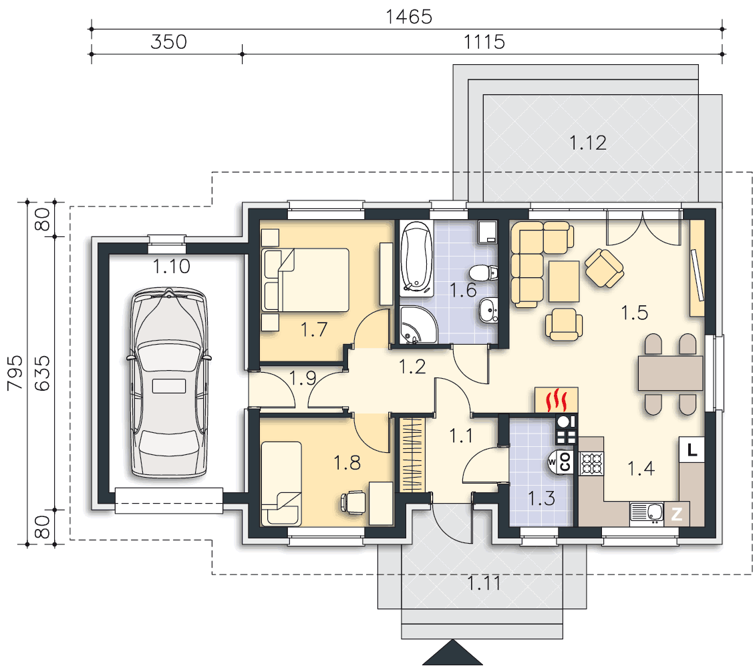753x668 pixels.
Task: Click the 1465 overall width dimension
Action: click(409, 17)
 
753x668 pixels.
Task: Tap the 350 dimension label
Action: click(168, 42)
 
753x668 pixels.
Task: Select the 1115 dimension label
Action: click(484, 42)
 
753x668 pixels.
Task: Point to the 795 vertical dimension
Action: click(15, 373)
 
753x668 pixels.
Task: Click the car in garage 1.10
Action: click(169, 383)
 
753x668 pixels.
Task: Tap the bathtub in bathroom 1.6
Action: click(416, 258)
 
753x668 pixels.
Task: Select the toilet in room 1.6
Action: click(483, 273)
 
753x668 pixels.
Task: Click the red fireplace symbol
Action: click(557, 399)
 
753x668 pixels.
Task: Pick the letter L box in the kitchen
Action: click(692, 450)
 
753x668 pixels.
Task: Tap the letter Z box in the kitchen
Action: click(677, 514)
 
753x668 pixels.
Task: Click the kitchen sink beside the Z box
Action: click(646, 514)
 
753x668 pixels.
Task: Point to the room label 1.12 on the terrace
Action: click(588, 143)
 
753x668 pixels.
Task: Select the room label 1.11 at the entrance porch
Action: click(484, 583)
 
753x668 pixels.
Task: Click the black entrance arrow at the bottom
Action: click(452, 653)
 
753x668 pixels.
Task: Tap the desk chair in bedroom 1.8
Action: click(352, 502)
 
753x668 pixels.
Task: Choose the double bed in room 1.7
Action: click(305, 280)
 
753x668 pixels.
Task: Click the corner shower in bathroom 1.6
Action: click(418, 325)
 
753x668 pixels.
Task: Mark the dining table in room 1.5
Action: click(670, 373)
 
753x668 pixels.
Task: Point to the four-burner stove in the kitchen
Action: click(592, 464)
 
